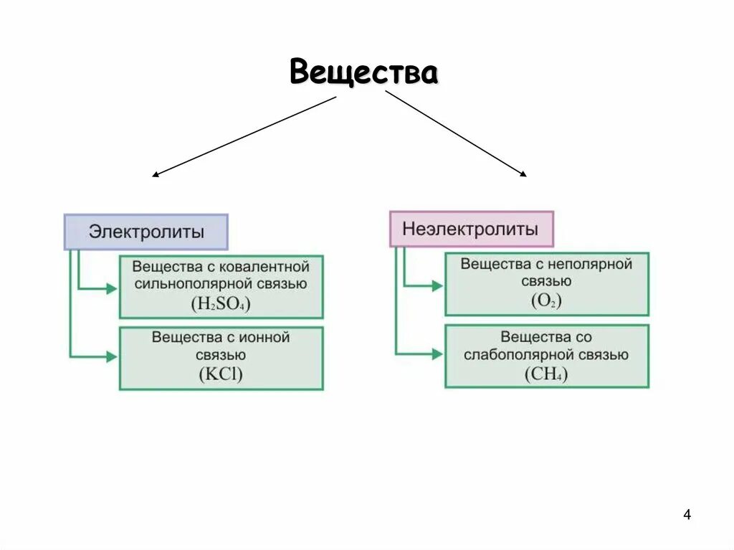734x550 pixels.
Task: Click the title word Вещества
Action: (x=363, y=73)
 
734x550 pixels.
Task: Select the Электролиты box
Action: (x=146, y=232)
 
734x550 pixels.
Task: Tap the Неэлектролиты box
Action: (x=471, y=229)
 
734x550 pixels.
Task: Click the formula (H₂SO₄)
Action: (x=221, y=304)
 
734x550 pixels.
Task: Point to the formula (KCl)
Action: (x=221, y=374)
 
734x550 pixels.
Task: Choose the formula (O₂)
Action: (x=546, y=301)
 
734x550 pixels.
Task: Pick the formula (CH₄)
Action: (x=546, y=374)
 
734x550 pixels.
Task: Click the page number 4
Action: (x=687, y=515)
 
